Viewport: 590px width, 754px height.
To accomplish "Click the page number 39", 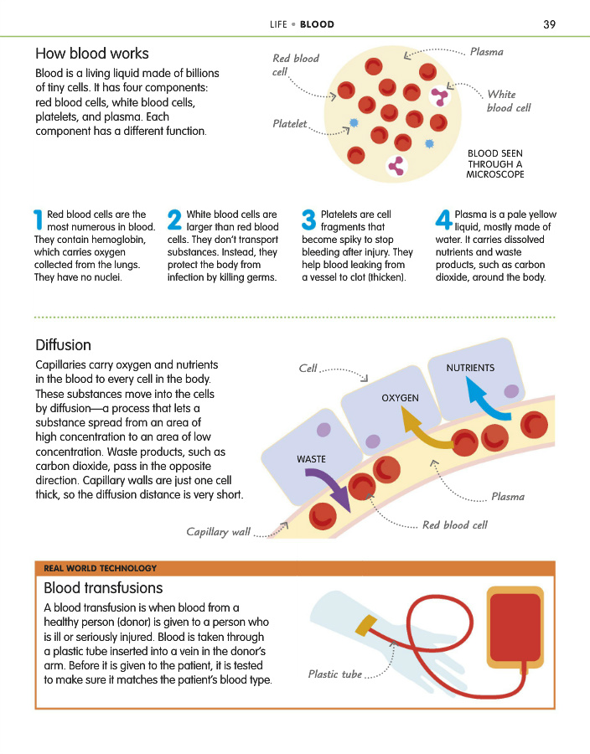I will click(x=549, y=24).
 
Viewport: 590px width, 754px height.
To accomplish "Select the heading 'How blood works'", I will click(x=92, y=54).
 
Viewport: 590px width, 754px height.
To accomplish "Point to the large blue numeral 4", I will click(x=443, y=220).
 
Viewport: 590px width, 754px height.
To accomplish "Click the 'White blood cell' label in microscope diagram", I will click(x=508, y=101).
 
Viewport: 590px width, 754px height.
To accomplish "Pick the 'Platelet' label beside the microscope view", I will click(x=290, y=124).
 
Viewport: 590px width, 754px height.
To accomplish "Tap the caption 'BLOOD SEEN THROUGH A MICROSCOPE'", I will click(x=495, y=163).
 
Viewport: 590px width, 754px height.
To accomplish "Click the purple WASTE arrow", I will click(x=330, y=488).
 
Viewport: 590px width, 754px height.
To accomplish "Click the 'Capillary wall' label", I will click(x=218, y=532).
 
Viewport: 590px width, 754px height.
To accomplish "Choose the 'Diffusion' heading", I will click(x=63, y=345).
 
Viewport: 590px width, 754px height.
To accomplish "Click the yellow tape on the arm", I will click(x=365, y=624).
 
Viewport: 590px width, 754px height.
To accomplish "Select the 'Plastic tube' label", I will click(x=335, y=674).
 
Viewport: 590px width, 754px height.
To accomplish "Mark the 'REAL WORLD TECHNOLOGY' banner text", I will click(x=100, y=569).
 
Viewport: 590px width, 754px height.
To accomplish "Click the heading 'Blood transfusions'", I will click(x=103, y=588).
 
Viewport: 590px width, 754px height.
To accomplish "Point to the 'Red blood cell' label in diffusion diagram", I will click(x=454, y=525).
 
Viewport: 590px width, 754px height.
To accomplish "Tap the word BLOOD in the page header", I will click(x=318, y=24).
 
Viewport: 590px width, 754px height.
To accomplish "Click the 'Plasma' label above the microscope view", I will click(x=486, y=52).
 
